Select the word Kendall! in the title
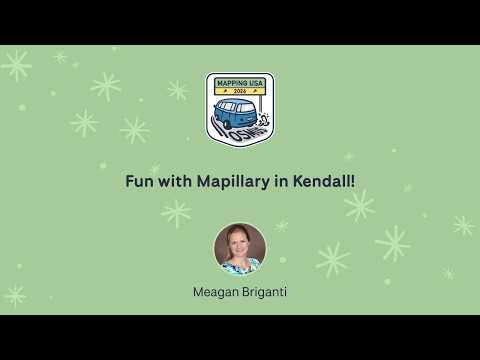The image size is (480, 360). click(324, 181)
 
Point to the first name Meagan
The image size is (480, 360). click(216, 292)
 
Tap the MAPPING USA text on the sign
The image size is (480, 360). click(240, 83)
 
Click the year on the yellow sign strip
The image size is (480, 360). click(240, 91)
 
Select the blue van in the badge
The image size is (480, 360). click(236, 114)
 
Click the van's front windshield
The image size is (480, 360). click(247, 108)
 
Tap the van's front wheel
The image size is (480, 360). click(227, 125)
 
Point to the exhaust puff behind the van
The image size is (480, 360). click(264, 119)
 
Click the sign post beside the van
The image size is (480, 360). click(262, 104)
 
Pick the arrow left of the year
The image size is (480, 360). click(226, 91)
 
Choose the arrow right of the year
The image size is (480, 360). click(255, 91)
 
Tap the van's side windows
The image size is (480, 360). click(227, 106)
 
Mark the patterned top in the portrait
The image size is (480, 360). click(240, 267)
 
